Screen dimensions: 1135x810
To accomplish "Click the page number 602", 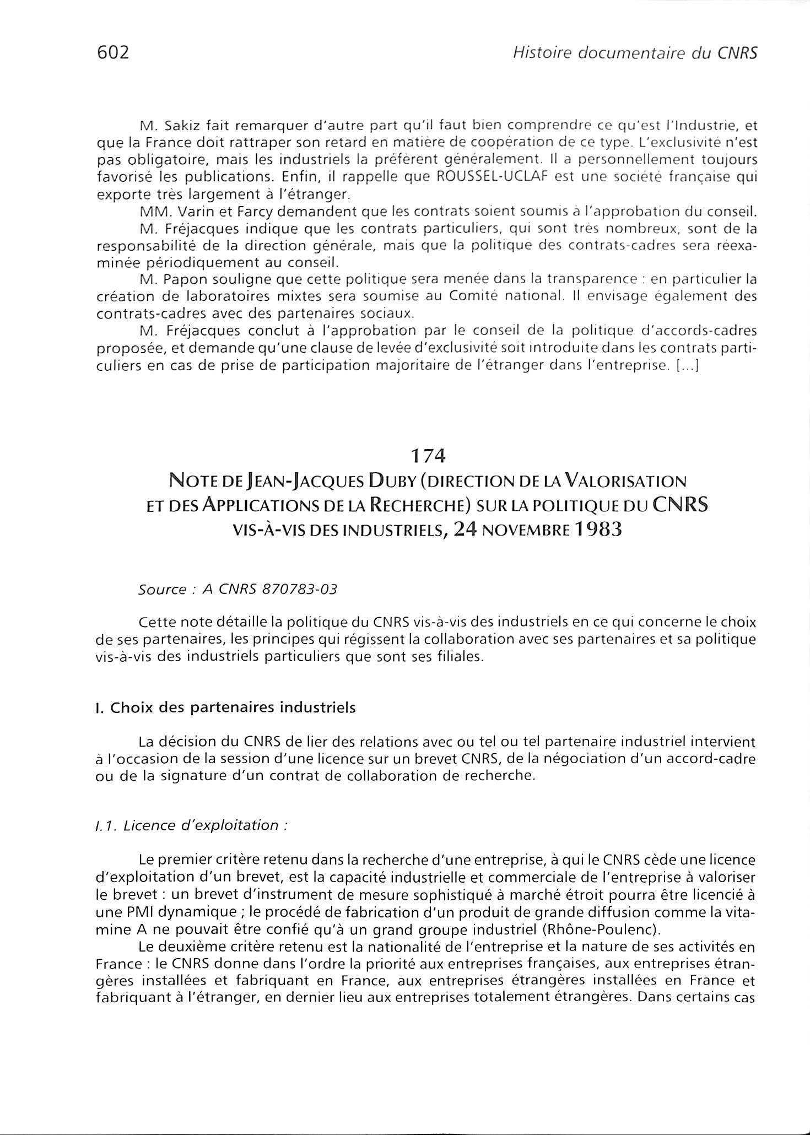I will pos(112,52).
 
